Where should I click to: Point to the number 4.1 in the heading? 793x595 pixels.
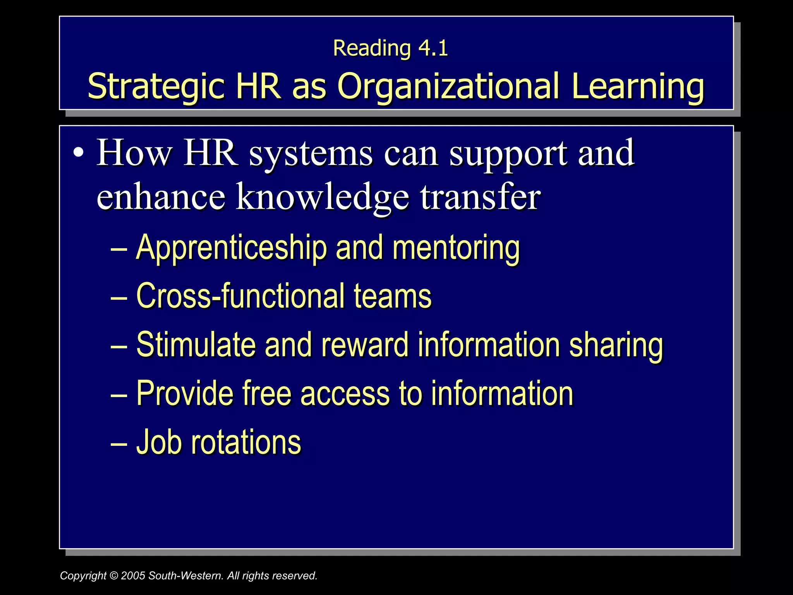pyautogui.click(x=433, y=48)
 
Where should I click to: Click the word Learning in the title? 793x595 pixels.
pyautogui.click(x=637, y=86)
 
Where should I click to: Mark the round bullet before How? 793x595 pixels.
pyautogui.click(x=78, y=152)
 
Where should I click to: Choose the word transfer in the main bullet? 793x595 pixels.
pyautogui.click(x=480, y=197)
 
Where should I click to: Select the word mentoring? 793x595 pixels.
pyautogui.click(x=456, y=248)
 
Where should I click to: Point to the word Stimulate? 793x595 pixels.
pyautogui.click(x=196, y=345)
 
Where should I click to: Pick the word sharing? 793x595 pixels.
pyautogui.click(x=616, y=345)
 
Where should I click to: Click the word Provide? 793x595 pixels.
pyautogui.click(x=185, y=394)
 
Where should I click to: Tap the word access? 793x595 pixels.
pyautogui.click(x=345, y=394)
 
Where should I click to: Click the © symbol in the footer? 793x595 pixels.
pyautogui.click(x=113, y=576)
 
